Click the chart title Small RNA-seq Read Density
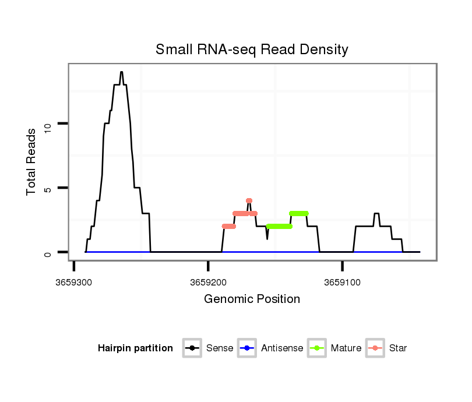click(x=252, y=50)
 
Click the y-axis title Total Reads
click(x=33, y=162)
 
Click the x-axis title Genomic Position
click(x=252, y=299)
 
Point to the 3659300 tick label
click(x=74, y=282)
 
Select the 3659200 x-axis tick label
click(x=208, y=282)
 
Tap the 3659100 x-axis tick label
click(x=343, y=282)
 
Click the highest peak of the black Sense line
click(x=121, y=72)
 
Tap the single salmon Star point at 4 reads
click(x=249, y=201)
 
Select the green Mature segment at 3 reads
click(x=298, y=213)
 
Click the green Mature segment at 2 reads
click(x=279, y=226)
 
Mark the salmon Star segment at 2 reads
click(x=229, y=226)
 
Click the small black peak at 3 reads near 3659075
click(x=376, y=214)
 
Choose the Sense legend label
click(x=220, y=348)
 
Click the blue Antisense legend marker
click(x=246, y=348)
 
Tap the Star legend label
click(x=398, y=348)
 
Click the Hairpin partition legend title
click(x=135, y=348)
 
